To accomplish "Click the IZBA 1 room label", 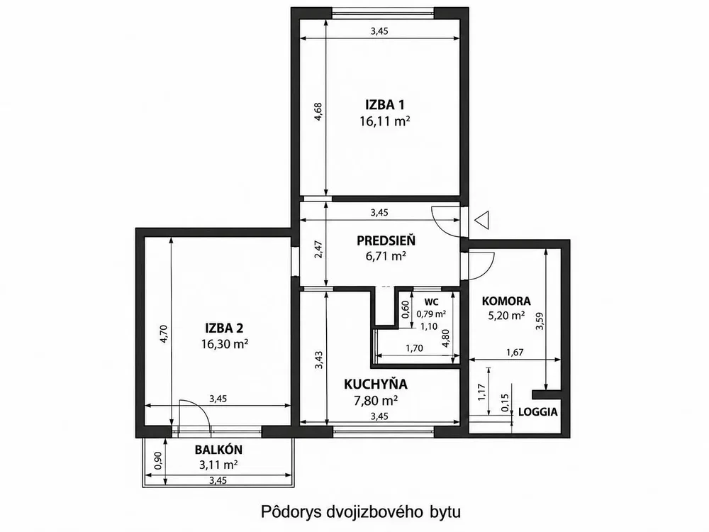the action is tap(385, 105).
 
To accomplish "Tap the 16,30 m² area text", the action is tap(225, 344).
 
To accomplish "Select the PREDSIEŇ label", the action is tap(386, 240).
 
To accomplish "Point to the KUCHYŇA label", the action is tap(376, 384).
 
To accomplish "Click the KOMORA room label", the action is tap(506, 301).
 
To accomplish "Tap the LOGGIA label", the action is tap(537, 412).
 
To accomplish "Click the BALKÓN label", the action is tap(218, 450).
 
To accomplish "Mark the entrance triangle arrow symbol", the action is tap(482, 220).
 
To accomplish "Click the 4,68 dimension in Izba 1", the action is tap(318, 111).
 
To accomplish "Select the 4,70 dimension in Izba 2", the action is tap(164, 334).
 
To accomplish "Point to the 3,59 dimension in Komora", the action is tap(540, 321).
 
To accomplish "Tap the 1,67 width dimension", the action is tap(515, 352).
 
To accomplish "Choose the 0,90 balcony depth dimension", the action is tap(158, 462).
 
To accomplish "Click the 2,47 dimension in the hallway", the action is tap(318, 249).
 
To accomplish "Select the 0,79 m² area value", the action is tap(431, 314).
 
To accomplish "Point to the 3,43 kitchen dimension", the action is tap(318, 360).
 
